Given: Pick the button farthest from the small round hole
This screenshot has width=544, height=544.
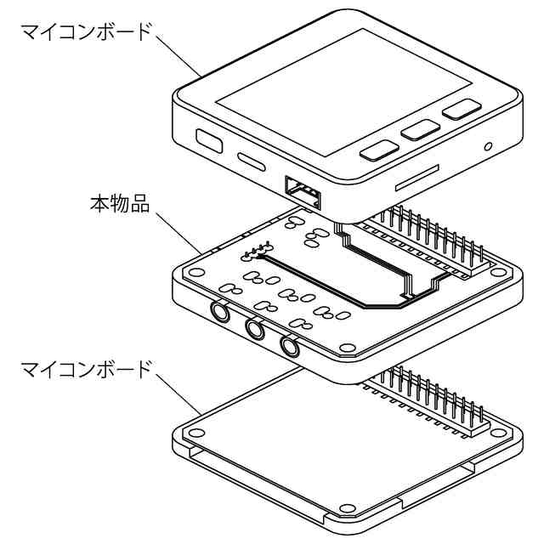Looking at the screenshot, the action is [380, 151].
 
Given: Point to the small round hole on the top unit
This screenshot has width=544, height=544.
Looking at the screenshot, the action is [489, 146].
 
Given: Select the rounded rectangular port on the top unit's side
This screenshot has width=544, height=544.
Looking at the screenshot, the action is [208, 139].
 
